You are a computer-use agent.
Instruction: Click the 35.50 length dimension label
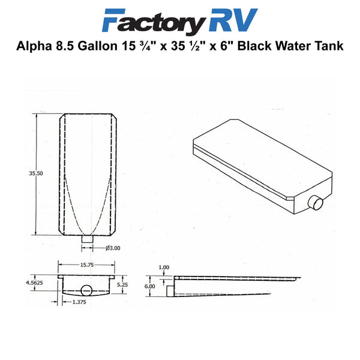[36, 173]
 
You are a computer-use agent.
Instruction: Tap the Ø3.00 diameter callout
[113, 248]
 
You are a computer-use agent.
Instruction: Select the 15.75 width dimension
[87, 265]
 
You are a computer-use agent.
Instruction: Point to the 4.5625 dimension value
[34, 283]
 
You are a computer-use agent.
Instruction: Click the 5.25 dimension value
[122, 284]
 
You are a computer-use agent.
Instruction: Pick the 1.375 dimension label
[79, 302]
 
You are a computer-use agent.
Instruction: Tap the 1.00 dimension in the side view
[164, 267]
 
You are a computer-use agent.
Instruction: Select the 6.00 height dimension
[149, 286]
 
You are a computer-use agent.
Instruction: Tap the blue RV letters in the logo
[233, 20]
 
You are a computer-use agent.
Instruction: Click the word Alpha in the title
[34, 46]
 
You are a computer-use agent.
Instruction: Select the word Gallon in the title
[97, 46]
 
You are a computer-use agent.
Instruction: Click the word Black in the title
[254, 46]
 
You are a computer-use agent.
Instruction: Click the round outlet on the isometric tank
[316, 203]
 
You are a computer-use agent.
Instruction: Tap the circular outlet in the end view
[86, 290]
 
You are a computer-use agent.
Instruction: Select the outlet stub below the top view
[88, 239]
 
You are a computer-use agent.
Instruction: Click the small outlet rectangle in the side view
[170, 291]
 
